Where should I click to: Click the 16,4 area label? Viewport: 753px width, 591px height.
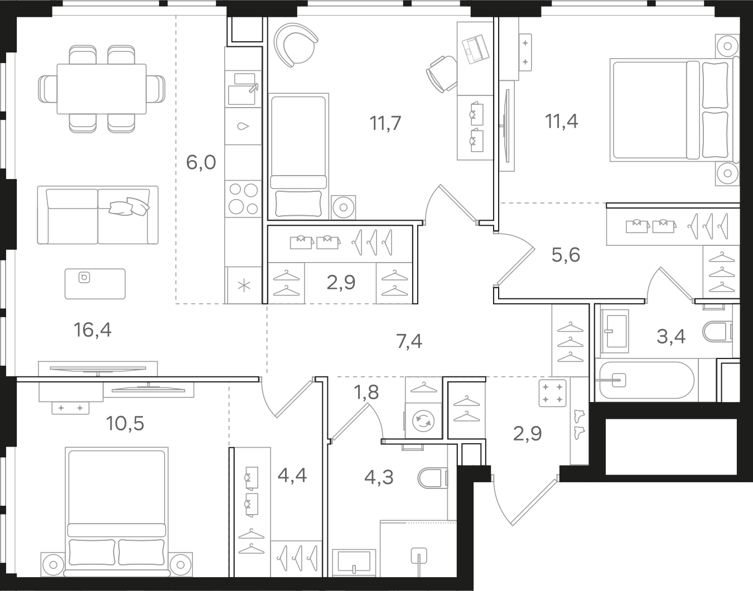[93, 330]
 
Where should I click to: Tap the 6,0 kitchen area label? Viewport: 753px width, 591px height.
[201, 162]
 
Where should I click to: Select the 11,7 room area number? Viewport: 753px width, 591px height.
[385, 123]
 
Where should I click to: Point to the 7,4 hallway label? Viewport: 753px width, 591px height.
[409, 341]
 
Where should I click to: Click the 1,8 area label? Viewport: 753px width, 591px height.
[366, 393]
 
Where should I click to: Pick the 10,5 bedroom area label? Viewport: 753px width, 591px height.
[125, 423]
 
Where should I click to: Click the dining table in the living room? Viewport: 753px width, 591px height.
[102, 89]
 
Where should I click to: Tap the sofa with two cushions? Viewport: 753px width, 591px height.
[98, 215]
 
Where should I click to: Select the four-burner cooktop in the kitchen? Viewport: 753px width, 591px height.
[243, 198]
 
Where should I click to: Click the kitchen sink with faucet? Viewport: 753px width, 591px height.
[243, 89]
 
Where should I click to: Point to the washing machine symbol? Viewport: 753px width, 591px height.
[423, 420]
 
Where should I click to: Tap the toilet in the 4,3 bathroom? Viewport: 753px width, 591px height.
[432, 478]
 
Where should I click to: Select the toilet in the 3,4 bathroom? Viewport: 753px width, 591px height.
[718, 332]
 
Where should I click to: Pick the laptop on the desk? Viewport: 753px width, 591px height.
[476, 49]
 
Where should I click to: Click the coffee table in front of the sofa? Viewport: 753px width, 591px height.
[95, 284]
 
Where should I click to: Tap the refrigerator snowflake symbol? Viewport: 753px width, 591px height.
[244, 286]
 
